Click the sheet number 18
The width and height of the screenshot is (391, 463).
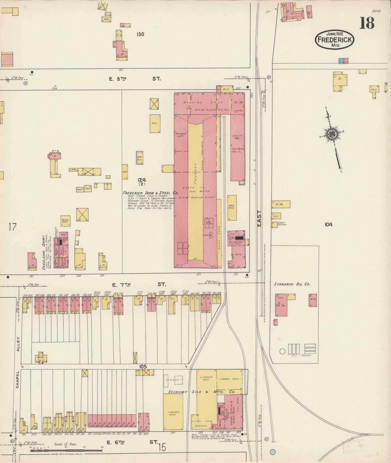pyautogui.click(x=367, y=23)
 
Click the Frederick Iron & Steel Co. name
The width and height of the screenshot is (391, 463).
pyautogui.click(x=150, y=193)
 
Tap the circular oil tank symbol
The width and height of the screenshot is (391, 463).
pyautogui.click(x=282, y=351)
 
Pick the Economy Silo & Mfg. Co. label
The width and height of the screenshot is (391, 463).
pyautogui.click(x=201, y=392)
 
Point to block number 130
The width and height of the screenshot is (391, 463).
pyautogui.click(x=140, y=34)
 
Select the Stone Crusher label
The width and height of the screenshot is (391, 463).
pyautogui.click(x=281, y=224)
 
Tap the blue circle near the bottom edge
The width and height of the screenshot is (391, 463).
pyautogui.click(x=273, y=451)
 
